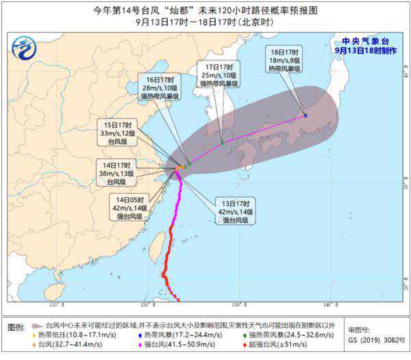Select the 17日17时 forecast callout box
[x=219, y=75]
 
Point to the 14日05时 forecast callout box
[x=129, y=207]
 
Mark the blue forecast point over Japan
[x=306, y=115]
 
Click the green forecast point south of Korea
[x=223, y=142]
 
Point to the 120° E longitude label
[x=146, y=304]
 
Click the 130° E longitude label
[x=236, y=304]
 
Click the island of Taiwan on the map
[x=156, y=245]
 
